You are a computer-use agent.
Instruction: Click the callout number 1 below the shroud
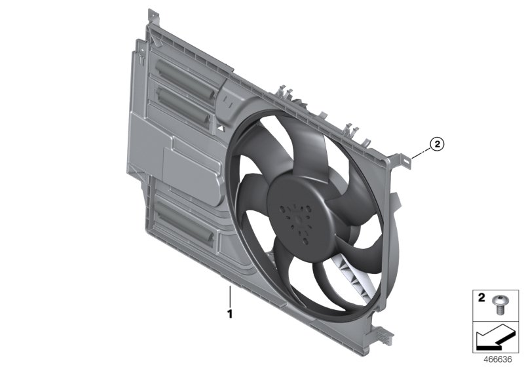coord(230,313)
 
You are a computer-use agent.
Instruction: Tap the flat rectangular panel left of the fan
coord(190,161)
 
